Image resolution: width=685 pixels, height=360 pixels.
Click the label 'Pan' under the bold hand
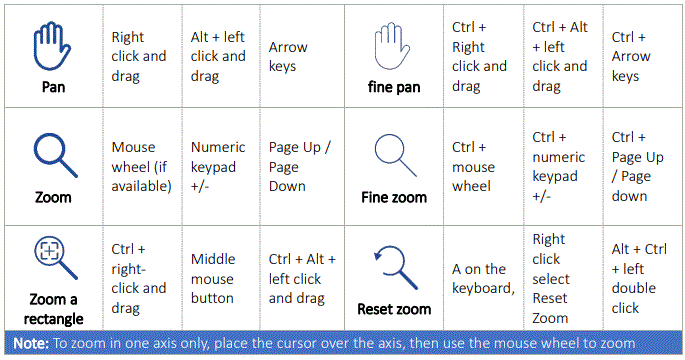pos(53,87)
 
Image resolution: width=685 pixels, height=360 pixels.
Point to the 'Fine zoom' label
pos(393,197)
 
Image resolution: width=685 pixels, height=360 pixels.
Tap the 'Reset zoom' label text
pos(393,309)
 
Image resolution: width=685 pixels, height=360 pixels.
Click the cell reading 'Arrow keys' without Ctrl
pos(288,56)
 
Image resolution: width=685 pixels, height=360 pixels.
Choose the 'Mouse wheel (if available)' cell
pos(141,166)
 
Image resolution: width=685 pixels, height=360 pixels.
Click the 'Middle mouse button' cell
pos(212,279)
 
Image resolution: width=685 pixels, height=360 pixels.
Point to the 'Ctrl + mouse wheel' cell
pos(476,166)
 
